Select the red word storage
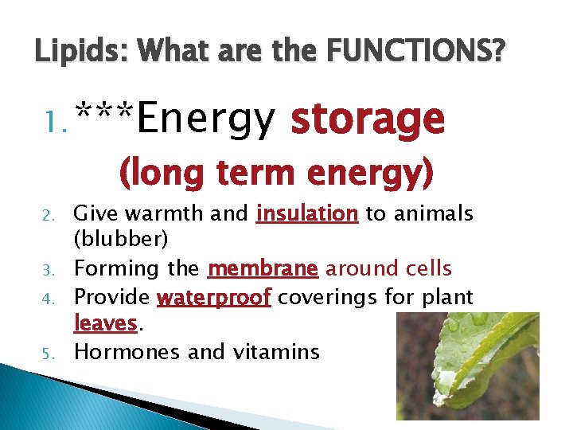click(x=367, y=119)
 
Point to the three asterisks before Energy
click(x=103, y=115)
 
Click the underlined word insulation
click(x=307, y=213)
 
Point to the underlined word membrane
click(x=263, y=269)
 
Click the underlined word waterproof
click(x=215, y=297)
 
